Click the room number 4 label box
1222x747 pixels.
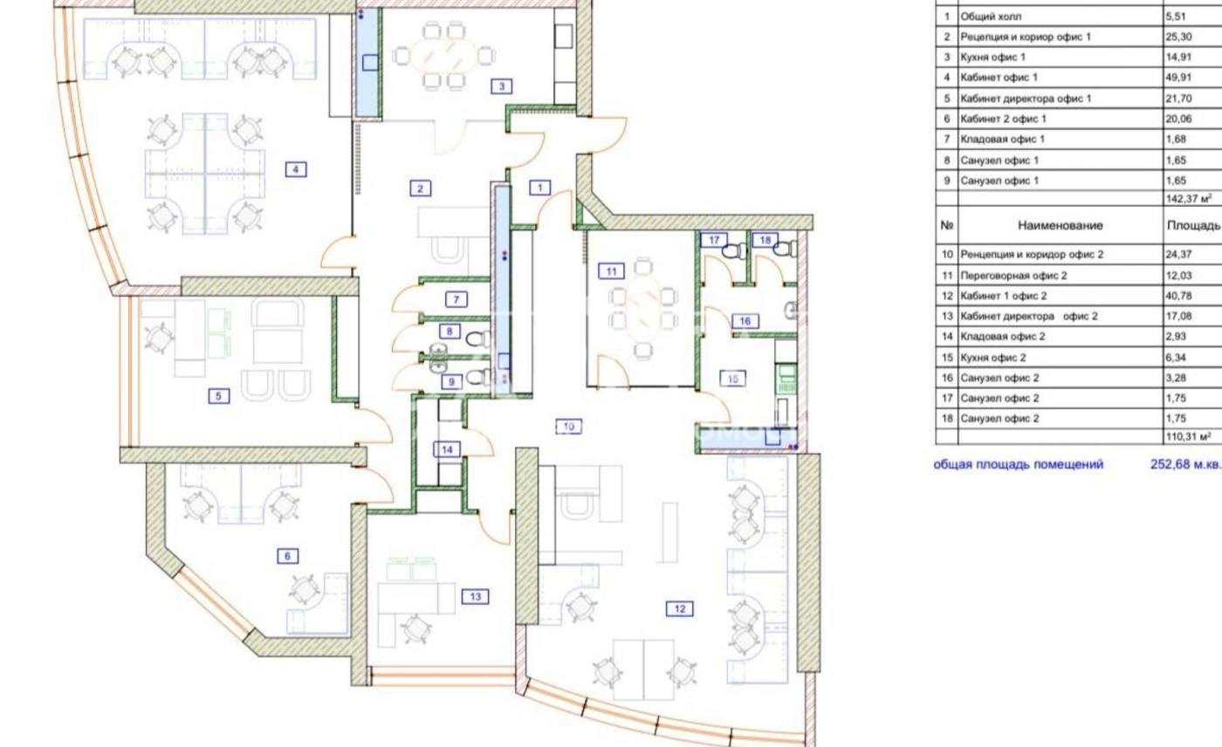coord(296,169)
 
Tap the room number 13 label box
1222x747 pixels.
coord(475,597)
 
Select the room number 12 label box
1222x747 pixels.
coord(680,608)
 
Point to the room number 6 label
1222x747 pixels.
coord(287,556)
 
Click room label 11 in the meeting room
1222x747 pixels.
coord(611,271)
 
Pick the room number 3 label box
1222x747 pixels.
coord(501,86)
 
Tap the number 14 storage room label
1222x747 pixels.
coord(447,449)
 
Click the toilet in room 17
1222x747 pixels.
coord(734,250)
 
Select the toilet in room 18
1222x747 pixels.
coord(785,250)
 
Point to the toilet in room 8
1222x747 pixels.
coord(478,339)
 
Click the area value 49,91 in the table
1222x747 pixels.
coord(1179,78)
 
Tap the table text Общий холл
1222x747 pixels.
coord(991,17)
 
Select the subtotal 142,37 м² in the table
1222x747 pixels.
coord(1189,198)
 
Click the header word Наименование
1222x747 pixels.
coord(1060,225)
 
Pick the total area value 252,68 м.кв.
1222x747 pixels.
coord(1186,464)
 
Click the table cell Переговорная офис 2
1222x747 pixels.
coord(1013,276)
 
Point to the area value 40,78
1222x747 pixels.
coord(1179,296)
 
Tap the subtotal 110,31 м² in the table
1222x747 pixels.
coord(1189,436)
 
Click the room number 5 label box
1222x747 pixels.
coord(219,396)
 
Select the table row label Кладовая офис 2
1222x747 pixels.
coord(1003,337)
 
